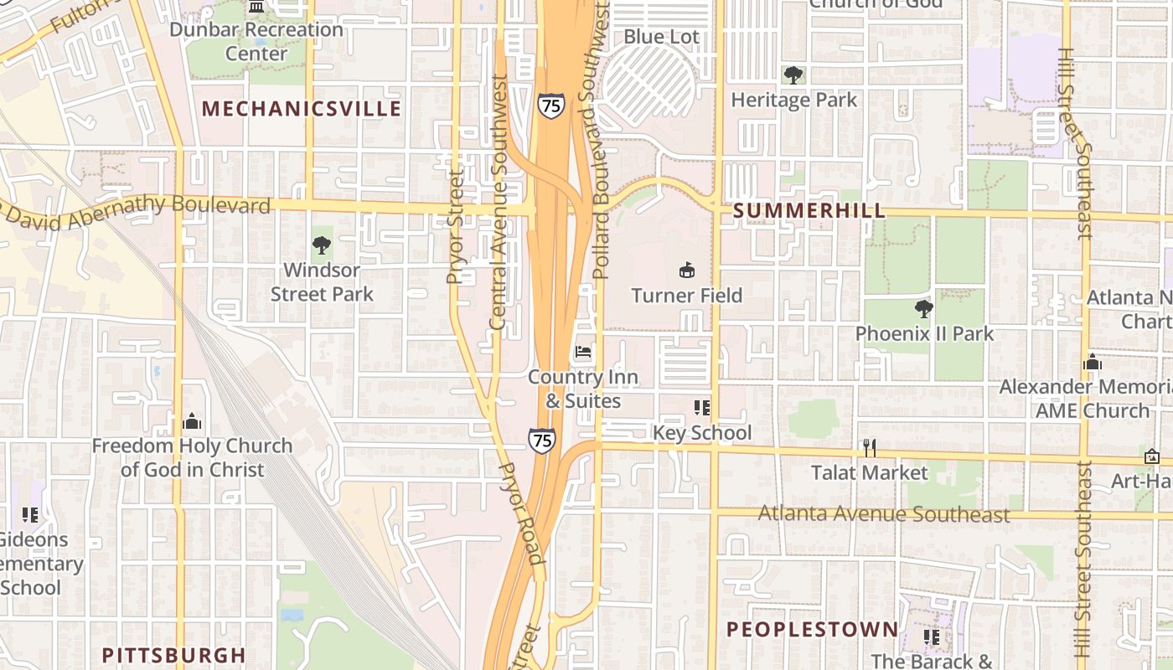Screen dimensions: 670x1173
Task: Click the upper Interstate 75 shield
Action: coord(550,106)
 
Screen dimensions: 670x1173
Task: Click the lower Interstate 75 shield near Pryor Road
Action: coord(541,440)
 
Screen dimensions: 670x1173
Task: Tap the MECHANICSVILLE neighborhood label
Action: coord(302,109)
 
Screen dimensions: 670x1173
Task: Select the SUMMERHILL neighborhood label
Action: coord(809,211)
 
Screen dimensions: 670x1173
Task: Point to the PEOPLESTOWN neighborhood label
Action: coord(812,630)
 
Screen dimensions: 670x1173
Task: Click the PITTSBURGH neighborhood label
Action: coord(173,655)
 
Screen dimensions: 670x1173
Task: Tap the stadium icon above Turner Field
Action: coord(687,270)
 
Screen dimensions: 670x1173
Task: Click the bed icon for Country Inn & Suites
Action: coord(583,352)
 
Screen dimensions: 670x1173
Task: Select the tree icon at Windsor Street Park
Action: coord(321,245)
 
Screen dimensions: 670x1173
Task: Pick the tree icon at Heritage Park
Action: coord(793,75)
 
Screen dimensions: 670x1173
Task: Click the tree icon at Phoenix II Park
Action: coord(923,309)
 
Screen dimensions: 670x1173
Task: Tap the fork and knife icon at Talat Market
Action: coord(870,448)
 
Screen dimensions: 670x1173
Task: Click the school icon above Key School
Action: coord(701,408)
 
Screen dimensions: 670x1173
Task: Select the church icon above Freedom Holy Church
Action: coord(192,420)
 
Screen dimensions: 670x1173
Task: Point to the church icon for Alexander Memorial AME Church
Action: coord(1092,362)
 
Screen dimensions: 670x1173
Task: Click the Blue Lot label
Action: coord(661,37)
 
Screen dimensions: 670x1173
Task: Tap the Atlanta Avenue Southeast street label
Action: coord(884,513)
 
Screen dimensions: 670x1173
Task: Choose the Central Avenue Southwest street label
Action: coord(498,202)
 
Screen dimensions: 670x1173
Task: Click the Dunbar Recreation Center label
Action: coord(256,41)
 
